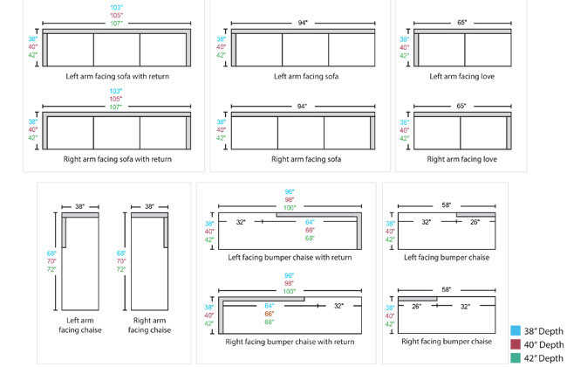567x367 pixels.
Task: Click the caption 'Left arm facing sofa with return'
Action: pos(117,76)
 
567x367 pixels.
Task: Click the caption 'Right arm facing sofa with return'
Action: pos(117,160)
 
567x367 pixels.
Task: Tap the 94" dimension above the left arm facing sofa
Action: pos(302,23)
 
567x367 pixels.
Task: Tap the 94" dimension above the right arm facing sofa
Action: pos(302,107)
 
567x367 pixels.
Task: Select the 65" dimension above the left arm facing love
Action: pos(461,23)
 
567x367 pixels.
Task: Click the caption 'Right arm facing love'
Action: pos(461,160)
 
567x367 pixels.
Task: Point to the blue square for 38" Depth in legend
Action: pos(516,331)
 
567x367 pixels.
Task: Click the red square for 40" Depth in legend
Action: pos(516,345)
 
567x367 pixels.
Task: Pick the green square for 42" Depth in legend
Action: pos(516,358)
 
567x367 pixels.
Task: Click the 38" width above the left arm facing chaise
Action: pos(80,207)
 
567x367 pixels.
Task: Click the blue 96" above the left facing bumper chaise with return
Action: pos(290,191)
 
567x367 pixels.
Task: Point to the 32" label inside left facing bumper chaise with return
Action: pos(242,222)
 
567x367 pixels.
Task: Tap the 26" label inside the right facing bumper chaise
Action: pos(416,306)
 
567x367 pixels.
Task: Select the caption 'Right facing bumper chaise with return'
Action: pos(290,342)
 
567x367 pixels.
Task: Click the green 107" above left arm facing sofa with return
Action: pos(116,24)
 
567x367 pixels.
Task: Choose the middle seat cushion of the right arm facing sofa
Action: pos(302,132)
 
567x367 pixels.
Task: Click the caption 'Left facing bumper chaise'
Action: pos(446,257)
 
